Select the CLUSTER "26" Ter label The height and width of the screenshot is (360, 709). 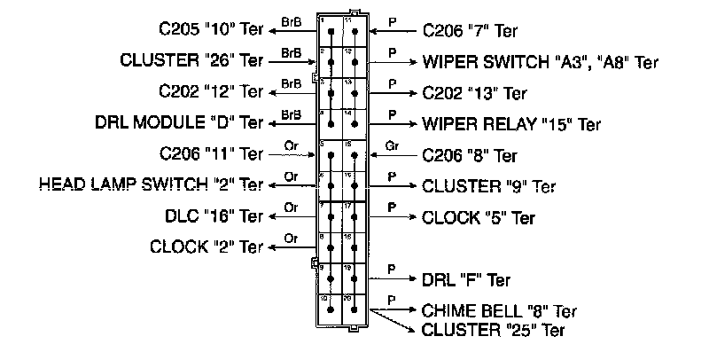click(191, 61)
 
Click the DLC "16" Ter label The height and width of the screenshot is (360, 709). click(215, 215)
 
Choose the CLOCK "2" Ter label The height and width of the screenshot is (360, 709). click(207, 246)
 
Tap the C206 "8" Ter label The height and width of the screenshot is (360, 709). click(470, 156)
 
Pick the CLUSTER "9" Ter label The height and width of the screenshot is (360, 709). click(489, 186)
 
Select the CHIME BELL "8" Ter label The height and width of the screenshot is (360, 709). click(500, 311)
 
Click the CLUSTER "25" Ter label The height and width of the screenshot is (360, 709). click(493, 331)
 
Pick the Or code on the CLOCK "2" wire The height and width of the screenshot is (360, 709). click(290, 237)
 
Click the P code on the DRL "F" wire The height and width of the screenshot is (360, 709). click(391, 268)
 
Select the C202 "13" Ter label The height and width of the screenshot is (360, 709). click(475, 92)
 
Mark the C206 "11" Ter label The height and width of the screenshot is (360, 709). click(212, 154)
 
